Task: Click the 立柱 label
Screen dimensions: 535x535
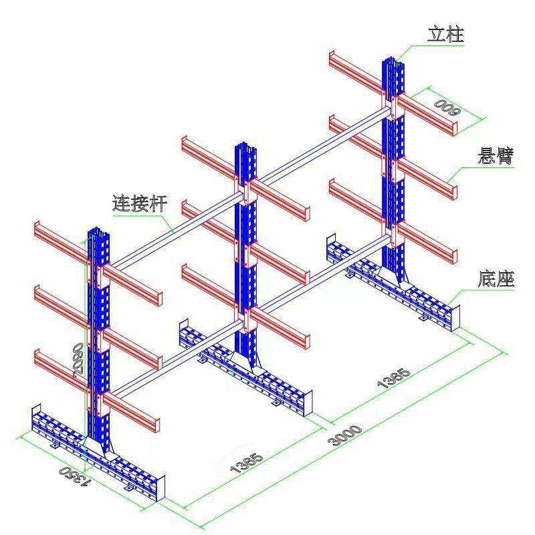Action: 445,34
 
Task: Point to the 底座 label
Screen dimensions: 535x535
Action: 496,278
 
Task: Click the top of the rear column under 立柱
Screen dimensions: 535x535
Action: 391,55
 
